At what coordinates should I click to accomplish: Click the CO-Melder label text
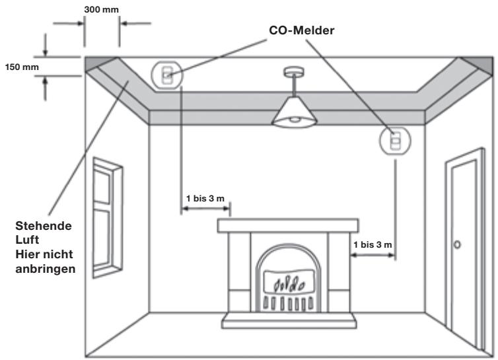301,30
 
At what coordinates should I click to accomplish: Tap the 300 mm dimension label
101,9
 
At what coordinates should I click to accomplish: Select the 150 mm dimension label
22,67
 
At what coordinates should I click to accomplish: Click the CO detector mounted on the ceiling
167,75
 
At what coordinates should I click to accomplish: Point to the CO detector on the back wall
395,140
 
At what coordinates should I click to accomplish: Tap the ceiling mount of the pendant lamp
294,72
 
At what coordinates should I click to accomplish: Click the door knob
457,244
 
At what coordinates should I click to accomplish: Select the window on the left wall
108,218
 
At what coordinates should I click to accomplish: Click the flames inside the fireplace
289,284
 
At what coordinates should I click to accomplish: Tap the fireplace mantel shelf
288,226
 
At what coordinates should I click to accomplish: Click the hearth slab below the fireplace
289,320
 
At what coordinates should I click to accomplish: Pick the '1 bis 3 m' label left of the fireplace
205,199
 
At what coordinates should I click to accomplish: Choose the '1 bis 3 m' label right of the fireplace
373,244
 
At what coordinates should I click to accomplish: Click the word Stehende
44,226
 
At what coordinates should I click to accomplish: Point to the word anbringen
46,269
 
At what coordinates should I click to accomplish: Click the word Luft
27,240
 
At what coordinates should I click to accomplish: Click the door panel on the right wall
464,251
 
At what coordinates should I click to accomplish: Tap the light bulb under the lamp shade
295,120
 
